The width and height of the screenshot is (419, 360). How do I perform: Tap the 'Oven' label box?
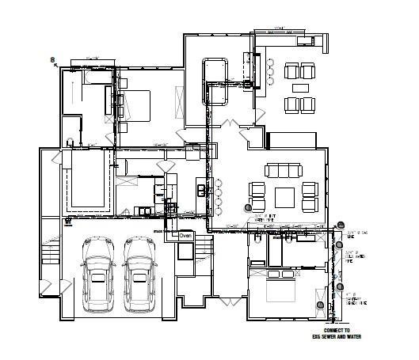[185, 235]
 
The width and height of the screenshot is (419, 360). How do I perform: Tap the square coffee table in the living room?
[284, 195]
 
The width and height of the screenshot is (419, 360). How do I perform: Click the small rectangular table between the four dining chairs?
[299, 86]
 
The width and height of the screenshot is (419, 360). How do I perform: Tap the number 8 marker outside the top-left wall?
[52, 59]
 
